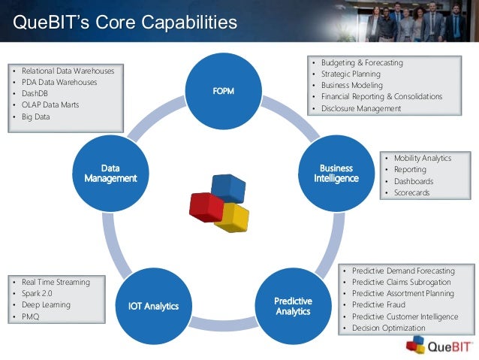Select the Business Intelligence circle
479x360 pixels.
coord(336,173)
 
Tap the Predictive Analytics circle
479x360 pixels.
coord(293,306)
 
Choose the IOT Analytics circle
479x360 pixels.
coord(153,305)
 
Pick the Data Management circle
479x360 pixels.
coord(110,173)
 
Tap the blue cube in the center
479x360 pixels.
coord(228,188)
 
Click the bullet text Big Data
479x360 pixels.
coord(36,116)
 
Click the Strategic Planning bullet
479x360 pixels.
coord(351,74)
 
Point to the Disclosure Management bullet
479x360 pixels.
coord(361,108)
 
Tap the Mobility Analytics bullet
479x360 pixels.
coord(423,159)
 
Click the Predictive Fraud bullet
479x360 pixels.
coord(379,305)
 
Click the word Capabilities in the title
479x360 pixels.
coord(182,23)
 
